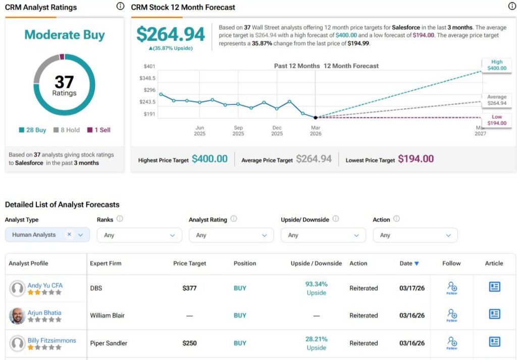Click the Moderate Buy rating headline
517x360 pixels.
click(65, 35)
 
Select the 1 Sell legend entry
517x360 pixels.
click(98, 130)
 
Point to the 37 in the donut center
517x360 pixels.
click(64, 82)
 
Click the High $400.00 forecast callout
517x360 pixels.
click(496, 65)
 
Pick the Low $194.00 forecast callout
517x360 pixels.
click(496, 120)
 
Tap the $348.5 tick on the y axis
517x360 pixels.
click(147, 78)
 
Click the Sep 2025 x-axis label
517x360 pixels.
click(238, 131)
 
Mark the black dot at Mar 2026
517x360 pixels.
click(316, 118)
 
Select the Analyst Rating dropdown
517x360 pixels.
click(231, 235)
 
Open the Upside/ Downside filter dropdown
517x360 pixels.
click(323, 235)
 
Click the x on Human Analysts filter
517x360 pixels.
click(69, 234)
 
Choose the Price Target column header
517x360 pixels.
click(189, 264)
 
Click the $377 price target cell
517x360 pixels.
click(189, 288)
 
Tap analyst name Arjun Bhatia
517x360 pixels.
click(44, 313)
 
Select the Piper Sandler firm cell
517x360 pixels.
click(109, 343)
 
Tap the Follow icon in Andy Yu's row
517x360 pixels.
click(451, 288)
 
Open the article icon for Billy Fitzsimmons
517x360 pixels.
click(494, 342)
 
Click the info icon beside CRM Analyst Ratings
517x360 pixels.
click(120, 7)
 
